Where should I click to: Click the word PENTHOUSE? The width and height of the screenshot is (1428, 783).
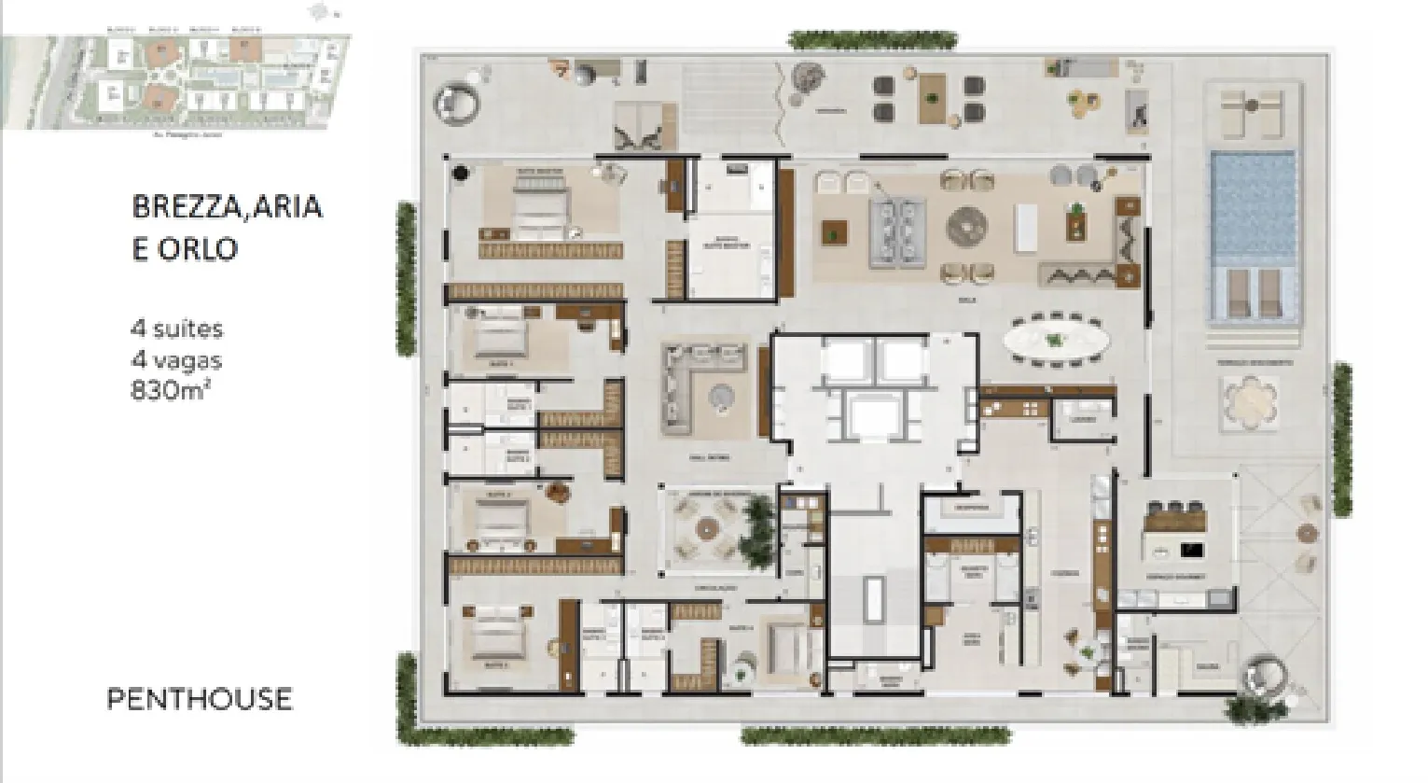click(199, 699)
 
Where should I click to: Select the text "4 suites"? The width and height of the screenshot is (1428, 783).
click(176, 329)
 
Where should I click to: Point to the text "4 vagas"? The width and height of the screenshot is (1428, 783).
click(175, 359)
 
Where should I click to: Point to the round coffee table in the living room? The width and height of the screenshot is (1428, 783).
click(967, 227)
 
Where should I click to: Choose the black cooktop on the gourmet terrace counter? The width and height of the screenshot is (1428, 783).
click(1191, 550)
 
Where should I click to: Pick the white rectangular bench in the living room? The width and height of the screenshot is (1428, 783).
click(1026, 227)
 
